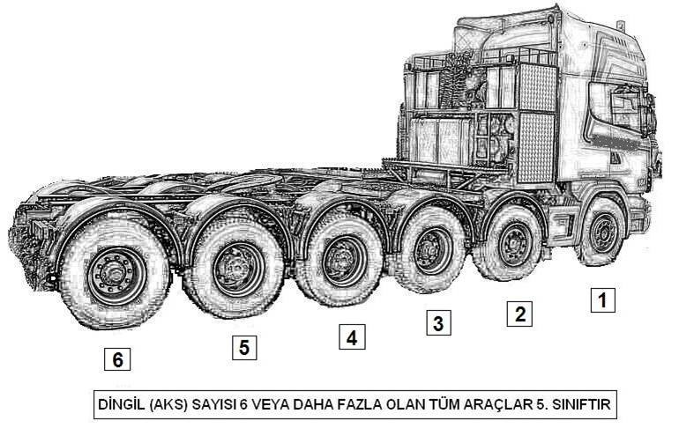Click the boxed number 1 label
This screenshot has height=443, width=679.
pos(602,299)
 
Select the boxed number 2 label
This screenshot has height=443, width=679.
pos(519,314)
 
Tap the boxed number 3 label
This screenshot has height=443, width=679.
pos(438,322)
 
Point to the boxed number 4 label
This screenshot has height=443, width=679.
pos(352,337)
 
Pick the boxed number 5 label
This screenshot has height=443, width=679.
pos(244,347)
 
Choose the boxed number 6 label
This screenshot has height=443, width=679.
pos(117,359)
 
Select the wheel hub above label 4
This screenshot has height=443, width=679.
pos(344,261)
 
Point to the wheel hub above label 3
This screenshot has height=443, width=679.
pos(433,251)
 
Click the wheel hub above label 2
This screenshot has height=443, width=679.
pos(514,244)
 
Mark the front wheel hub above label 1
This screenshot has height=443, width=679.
pos(603,233)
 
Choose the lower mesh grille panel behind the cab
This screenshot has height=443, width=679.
pos(536,148)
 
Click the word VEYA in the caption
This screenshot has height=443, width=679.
pos(271,404)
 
